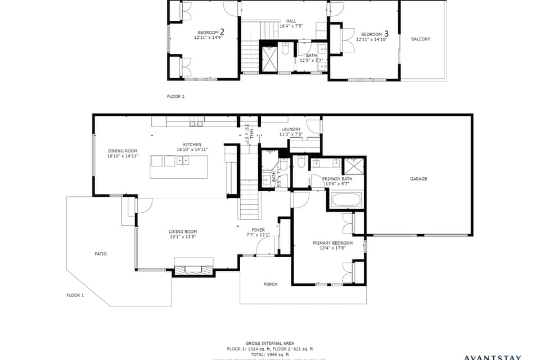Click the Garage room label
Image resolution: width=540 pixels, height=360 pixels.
coord(418,179)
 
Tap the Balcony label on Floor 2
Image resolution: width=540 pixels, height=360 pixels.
coord(420,39)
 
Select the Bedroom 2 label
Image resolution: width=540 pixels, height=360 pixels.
coord(209,33)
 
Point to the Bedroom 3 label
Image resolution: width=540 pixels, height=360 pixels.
coord(372,34)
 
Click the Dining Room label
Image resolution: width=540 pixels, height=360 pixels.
coord(123,151)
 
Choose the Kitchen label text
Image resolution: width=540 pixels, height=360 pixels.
coord(192,145)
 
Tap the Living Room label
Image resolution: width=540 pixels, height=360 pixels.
coord(183,232)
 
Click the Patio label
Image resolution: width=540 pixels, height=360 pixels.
coord(101,254)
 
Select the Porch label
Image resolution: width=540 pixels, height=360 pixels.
coord(271,284)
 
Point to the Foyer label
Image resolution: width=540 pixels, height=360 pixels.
coord(258,229)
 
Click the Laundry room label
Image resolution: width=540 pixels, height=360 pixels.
coord(291,129)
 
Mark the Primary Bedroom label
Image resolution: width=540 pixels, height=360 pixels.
coord(332,243)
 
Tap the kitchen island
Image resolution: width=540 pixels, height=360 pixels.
coord(178,167)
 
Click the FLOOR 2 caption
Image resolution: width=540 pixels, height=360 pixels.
coord(175,96)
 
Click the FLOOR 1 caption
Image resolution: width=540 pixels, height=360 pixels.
coord(75,295)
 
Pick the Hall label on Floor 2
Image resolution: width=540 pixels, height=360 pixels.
coord(291,21)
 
